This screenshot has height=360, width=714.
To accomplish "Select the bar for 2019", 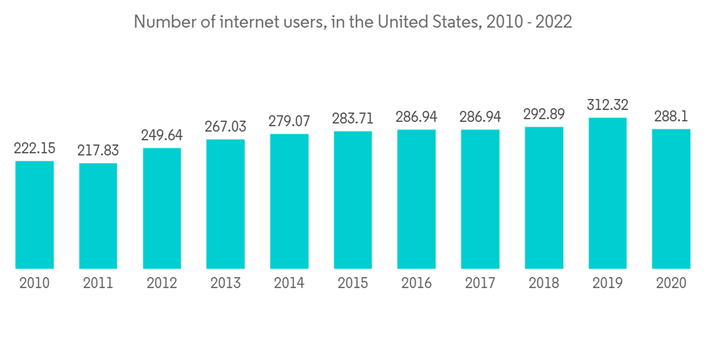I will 607,193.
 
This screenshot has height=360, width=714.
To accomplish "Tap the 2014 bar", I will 289,201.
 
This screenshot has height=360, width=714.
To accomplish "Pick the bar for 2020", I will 671,199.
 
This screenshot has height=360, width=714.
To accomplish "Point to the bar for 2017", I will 480,199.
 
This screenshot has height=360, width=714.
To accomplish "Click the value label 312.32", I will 607,106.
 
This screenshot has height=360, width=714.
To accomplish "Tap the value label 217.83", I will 98,151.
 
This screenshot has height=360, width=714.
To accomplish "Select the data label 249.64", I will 161,136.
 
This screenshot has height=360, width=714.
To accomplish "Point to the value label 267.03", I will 225,127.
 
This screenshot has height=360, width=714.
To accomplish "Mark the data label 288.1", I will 671,117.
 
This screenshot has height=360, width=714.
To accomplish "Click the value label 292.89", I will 543,115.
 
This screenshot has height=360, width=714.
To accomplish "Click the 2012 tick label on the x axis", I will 161,284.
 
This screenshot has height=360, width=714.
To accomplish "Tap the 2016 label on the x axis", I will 416,284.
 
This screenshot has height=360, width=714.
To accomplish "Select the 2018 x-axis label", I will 543,284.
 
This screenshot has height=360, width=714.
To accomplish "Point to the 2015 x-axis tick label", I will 353,284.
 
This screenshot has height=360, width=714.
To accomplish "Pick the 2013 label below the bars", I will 225,284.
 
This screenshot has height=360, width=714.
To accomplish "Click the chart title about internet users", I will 353,22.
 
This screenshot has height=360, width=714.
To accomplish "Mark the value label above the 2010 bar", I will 34,149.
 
